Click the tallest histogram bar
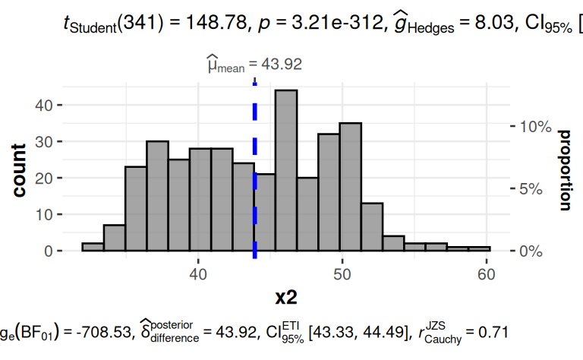(x=286, y=170)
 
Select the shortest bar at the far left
(x=92, y=247)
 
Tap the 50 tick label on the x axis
(x=342, y=273)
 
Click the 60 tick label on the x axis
(x=485, y=273)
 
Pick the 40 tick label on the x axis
(x=198, y=273)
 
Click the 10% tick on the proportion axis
(x=534, y=126)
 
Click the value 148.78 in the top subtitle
(x=198, y=24)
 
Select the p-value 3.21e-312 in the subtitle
(x=319, y=24)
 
